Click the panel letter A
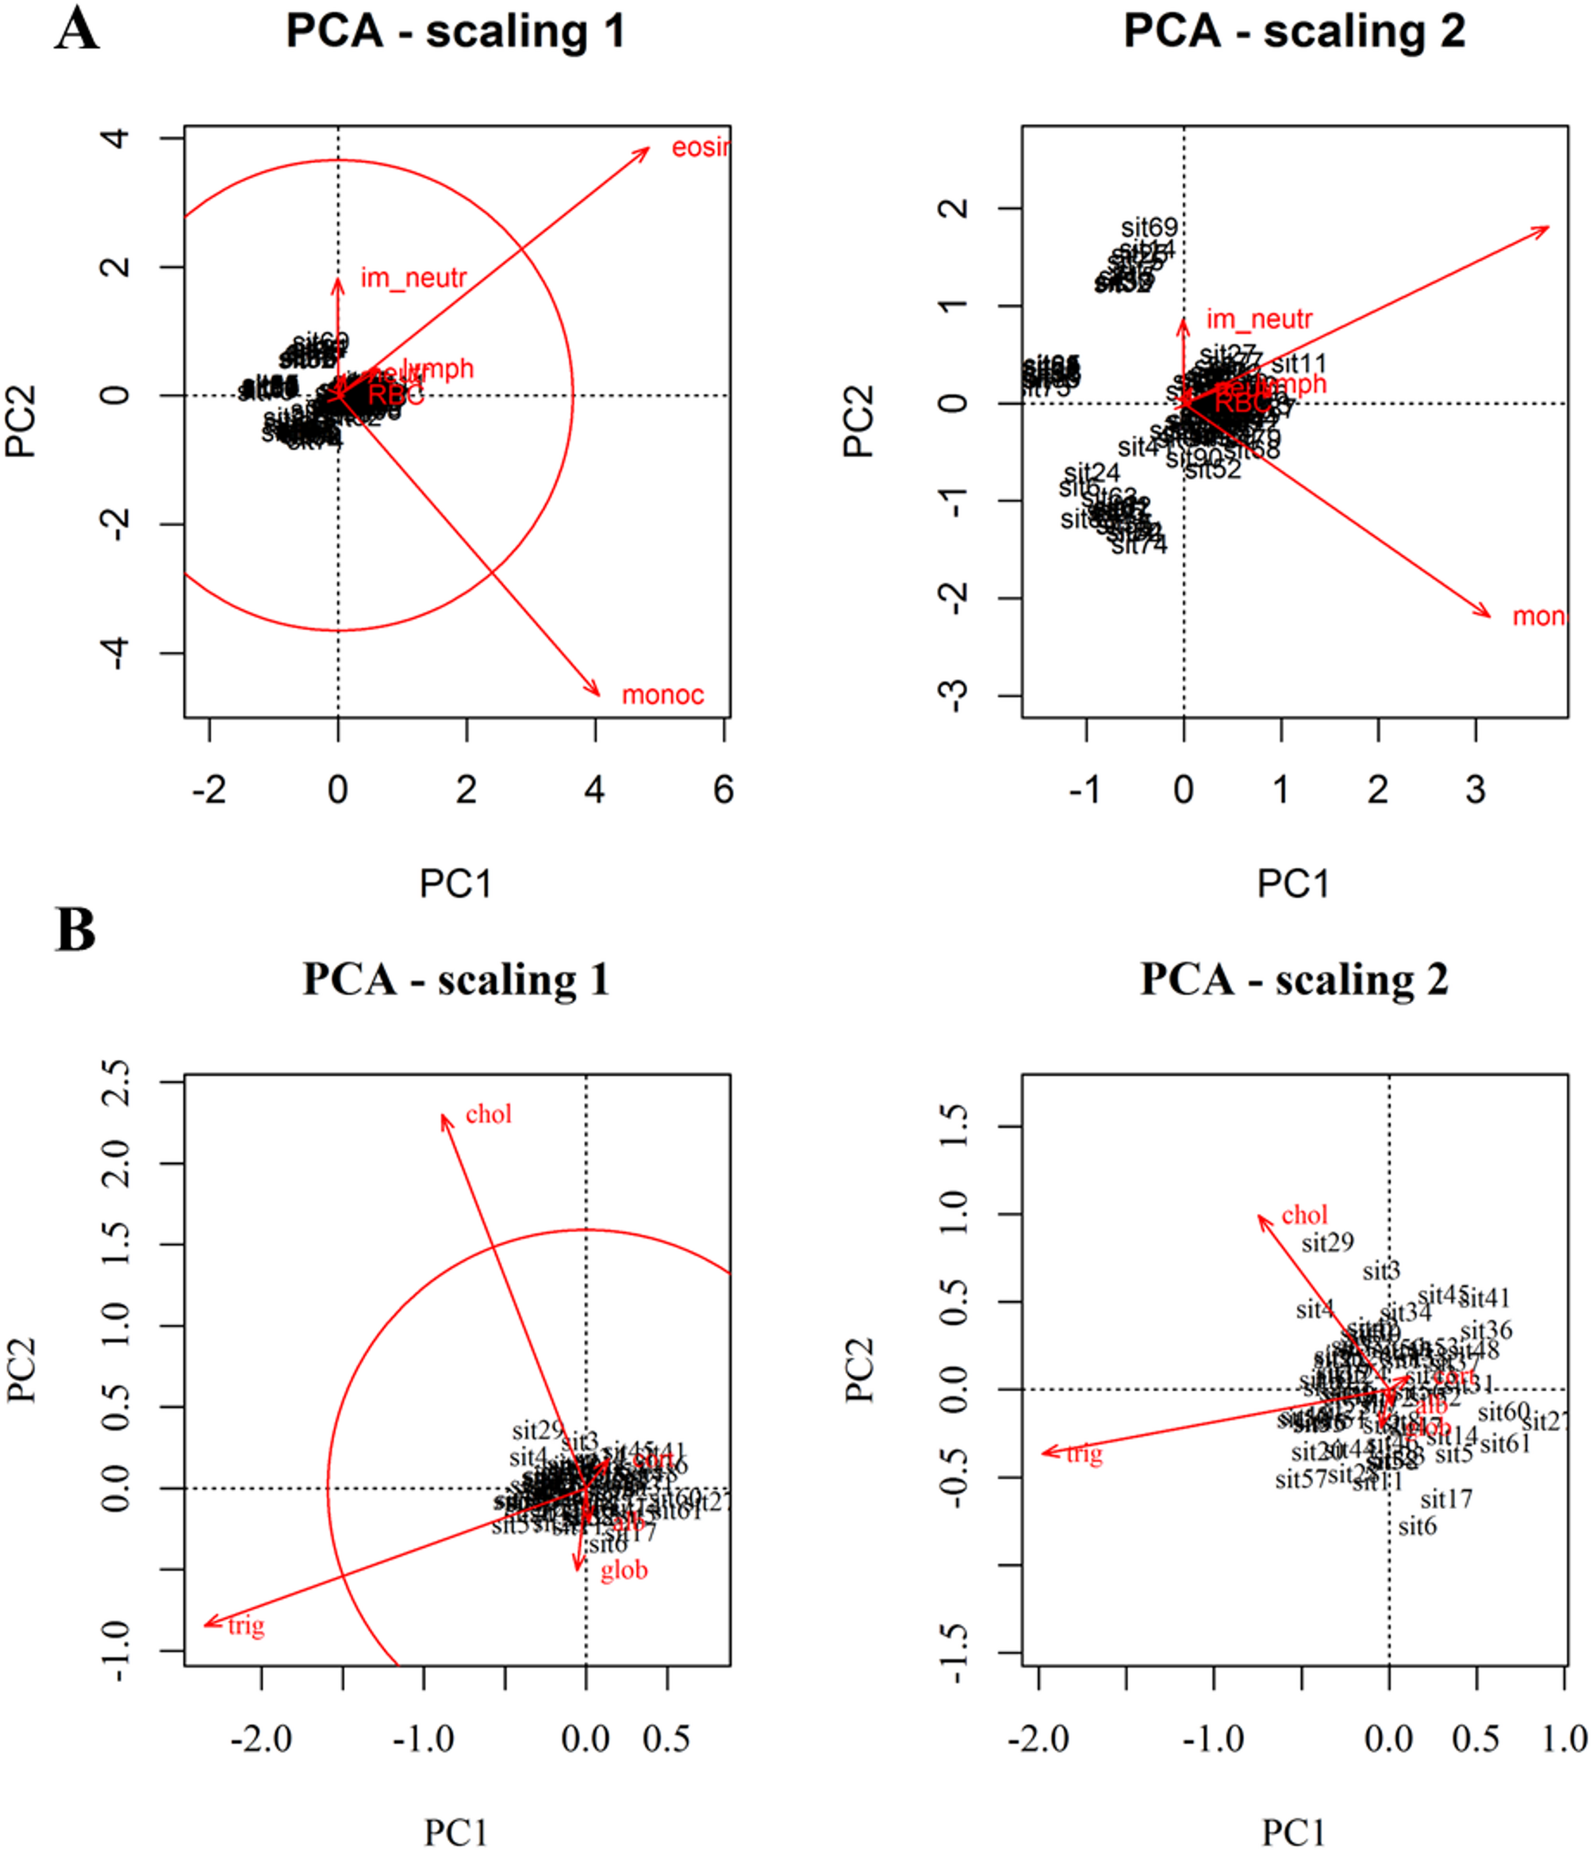tap(77, 30)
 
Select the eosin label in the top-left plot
tap(701, 147)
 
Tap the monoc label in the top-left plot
tap(662, 694)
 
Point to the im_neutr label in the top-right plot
tap(1259, 319)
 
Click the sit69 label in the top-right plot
tap(1149, 228)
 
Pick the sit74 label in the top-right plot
tap(1139, 544)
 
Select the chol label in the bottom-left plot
tap(489, 1114)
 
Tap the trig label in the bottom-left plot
tap(246, 1625)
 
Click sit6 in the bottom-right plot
tap(1417, 1526)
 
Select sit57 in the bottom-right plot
tap(1300, 1480)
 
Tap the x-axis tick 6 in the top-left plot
tap(724, 789)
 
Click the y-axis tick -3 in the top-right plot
tap(956, 695)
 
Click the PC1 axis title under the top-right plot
tap(1293, 884)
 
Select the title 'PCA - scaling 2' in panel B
tap(1293, 979)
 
